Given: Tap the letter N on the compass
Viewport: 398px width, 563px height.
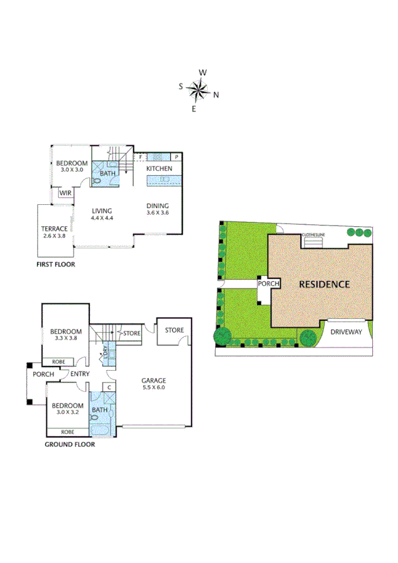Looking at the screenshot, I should point(216,94).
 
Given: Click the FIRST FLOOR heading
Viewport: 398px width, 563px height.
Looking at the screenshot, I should point(56,264).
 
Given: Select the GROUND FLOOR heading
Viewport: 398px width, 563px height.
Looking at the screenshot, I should point(69,445).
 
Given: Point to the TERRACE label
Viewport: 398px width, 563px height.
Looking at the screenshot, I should point(54,229).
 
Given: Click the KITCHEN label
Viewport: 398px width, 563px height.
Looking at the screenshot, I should point(159,169).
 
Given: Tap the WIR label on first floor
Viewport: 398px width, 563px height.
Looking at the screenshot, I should point(66,193).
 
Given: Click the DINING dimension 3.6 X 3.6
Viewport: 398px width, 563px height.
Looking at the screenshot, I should point(158,213).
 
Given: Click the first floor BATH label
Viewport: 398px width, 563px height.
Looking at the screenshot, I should point(107,174).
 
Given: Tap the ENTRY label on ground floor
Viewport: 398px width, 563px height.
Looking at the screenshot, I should point(80,374).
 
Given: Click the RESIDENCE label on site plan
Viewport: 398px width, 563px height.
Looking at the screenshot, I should point(324,284).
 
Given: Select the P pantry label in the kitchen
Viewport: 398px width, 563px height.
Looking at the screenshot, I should point(176,157).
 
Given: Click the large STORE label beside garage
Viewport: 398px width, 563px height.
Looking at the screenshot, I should point(174,330).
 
